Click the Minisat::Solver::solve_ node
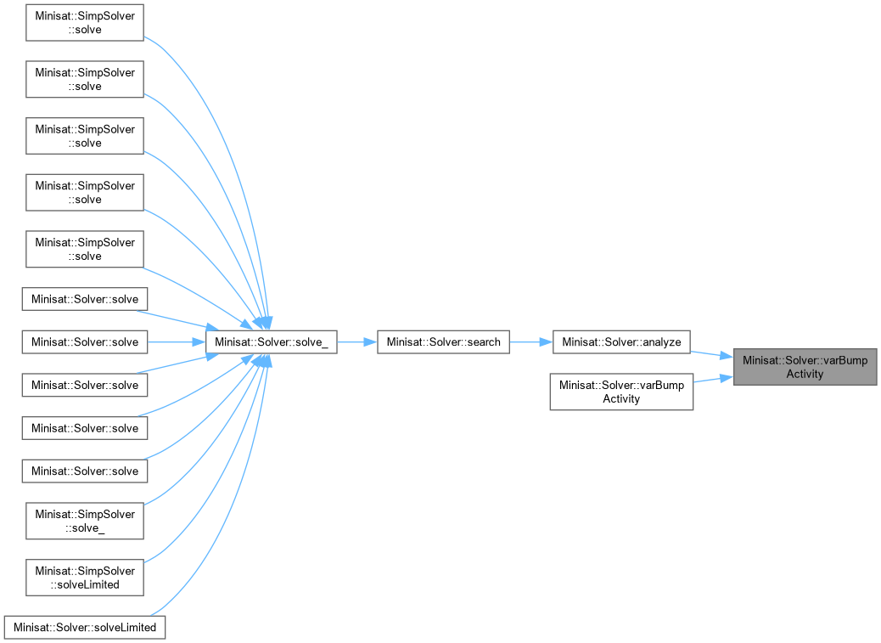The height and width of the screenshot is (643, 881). (271, 342)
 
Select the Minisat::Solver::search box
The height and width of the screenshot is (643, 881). (443, 342)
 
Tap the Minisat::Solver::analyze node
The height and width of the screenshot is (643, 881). (621, 342)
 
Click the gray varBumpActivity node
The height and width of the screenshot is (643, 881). (805, 367)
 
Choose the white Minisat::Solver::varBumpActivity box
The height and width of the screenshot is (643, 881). (621, 392)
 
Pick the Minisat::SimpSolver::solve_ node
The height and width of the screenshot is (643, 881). (85, 521)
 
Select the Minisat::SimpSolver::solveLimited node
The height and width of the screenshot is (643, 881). (85, 578)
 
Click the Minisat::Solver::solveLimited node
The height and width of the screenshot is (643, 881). (85, 628)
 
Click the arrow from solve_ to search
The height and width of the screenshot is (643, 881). (356, 342)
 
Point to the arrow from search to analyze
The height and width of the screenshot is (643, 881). (530, 342)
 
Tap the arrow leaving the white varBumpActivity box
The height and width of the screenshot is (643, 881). (713, 380)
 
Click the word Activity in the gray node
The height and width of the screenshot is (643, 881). (805, 374)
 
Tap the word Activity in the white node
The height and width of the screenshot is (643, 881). (621, 398)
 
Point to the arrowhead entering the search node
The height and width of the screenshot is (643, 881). (370, 342)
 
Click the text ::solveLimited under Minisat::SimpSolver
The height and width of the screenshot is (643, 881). (85, 584)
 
